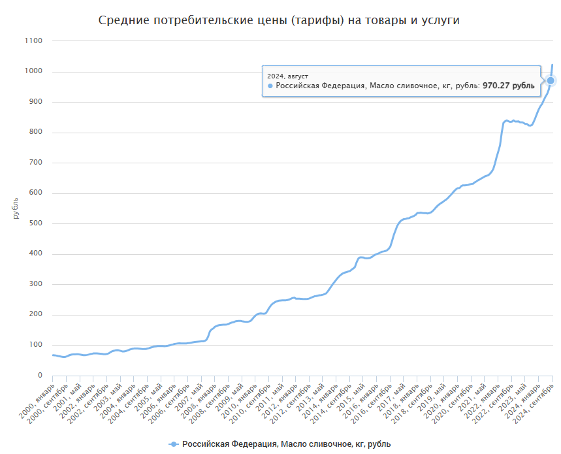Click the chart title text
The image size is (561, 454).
coord(279,20)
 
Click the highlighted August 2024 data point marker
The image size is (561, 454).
coord(551,80)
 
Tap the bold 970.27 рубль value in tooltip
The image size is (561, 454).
coord(508,86)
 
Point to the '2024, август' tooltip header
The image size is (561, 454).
coord(288,76)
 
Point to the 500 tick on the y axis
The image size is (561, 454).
coord(35,223)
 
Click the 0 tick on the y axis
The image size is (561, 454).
coord(39,376)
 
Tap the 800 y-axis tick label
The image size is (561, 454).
coord(35,132)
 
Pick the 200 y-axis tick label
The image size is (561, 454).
coord(35,315)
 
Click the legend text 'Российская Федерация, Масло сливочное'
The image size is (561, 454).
coord(286,444)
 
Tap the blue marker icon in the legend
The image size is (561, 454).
coord(173,444)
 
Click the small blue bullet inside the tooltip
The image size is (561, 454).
coord(270,86)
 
